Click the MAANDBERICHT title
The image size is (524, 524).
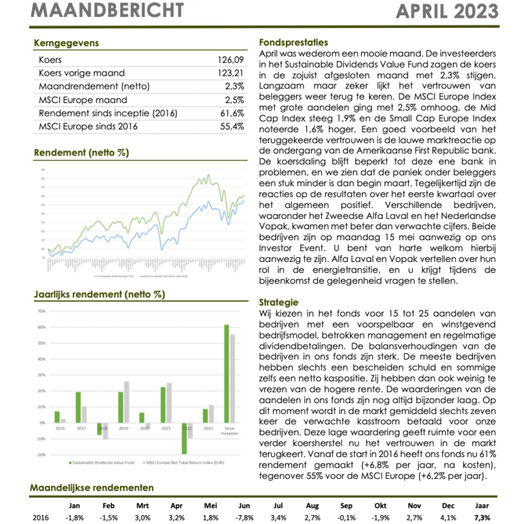[x=108, y=10]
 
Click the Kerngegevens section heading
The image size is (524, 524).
[x=66, y=44]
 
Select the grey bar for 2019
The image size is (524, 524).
[x=126, y=402]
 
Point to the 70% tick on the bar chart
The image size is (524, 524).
[x=41, y=311]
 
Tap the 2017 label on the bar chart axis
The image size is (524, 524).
[x=81, y=428]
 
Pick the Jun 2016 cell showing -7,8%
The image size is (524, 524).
[x=244, y=518]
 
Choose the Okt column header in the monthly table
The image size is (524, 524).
[x=380, y=506]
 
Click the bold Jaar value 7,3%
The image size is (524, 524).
[x=482, y=518]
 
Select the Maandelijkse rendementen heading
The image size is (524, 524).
[x=92, y=488]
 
